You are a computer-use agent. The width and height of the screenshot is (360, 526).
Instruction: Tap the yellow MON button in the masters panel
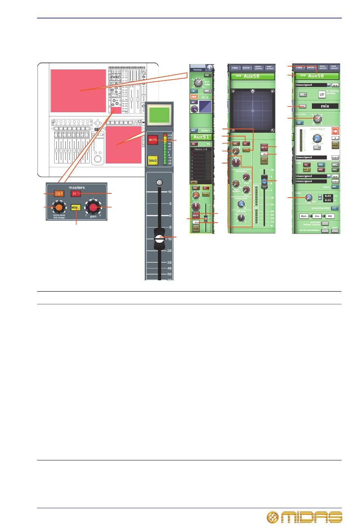pyautogui.click(x=76, y=207)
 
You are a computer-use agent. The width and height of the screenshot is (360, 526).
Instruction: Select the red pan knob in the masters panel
pyautogui.click(x=93, y=207)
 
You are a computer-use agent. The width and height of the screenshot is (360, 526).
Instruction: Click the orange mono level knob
pyautogui.click(x=58, y=207)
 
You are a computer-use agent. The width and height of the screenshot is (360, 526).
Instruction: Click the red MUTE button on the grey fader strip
pyautogui.click(x=153, y=140)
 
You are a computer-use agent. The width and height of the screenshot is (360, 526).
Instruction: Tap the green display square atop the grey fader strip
pyautogui.click(x=159, y=115)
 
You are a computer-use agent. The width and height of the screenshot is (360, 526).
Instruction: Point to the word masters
pyautogui.click(x=77, y=187)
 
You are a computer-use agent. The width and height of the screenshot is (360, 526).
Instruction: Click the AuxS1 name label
pyautogui.click(x=200, y=137)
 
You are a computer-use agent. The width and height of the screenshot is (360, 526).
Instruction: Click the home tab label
pyautogui.click(x=197, y=69)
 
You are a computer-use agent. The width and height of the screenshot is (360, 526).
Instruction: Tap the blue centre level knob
pyautogui.click(x=240, y=204)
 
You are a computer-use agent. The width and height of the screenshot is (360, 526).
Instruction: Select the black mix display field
pyautogui.click(x=325, y=106)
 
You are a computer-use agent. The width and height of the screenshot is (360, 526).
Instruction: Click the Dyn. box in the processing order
pyautogui.click(x=304, y=216)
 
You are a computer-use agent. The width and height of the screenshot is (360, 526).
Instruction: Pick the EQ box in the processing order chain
pyautogui.click(x=330, y=216)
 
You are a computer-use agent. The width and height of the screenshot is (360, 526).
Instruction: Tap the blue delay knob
pyautogui.click(x=309, y=197)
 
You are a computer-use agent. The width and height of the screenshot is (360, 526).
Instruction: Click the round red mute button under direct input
pyautogui.click(x=335, y=131)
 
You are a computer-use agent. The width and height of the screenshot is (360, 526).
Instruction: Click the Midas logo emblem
pyautogui.click(x=273, y=517)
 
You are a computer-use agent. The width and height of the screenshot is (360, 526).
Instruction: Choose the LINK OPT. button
pyautogui.click(x=322, y=94)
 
